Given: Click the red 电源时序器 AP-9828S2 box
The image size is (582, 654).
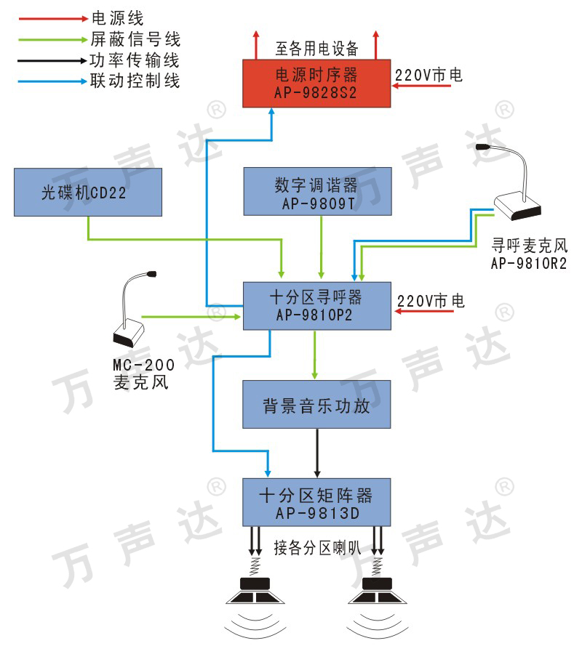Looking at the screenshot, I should tap(316, 84).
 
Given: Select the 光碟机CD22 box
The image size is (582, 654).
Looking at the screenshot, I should tap(87, 192).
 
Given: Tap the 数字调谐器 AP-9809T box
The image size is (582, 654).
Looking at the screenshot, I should tap(316, 192).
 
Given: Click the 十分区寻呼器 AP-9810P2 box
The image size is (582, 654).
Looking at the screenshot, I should tap(316, 306).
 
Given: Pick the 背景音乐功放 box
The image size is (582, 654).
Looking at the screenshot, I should tap(316, 405).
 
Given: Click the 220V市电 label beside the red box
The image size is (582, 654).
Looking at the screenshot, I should tap(428, 74).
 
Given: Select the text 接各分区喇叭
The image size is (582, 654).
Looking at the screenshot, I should tap(316, 547).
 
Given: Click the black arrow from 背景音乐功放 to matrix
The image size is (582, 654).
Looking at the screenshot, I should tap(316, 453).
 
